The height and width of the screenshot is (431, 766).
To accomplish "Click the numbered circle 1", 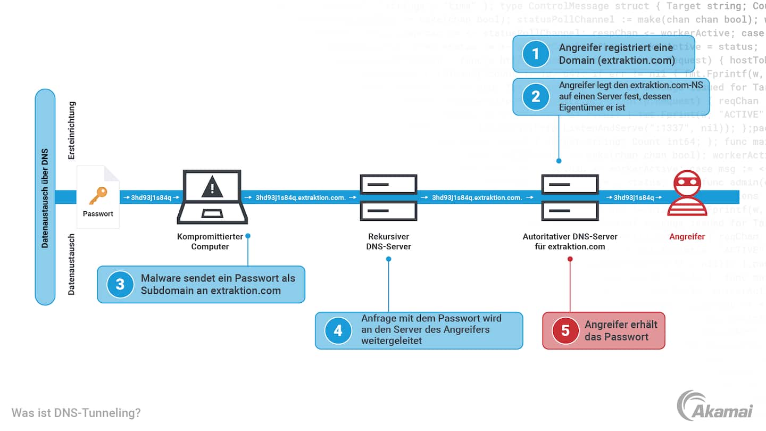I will [x=536, y=54].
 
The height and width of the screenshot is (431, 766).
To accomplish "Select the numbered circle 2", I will [x=536, y=96].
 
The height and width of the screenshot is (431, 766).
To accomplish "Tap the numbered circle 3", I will [x=120, y=284].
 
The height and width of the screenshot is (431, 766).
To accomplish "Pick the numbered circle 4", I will [x=338, y=330].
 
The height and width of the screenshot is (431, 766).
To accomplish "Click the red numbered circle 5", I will [x=565, y=330].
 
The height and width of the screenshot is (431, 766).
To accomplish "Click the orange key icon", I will [x=98, y=195].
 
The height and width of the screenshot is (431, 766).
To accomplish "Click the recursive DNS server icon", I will [x=388, y=197].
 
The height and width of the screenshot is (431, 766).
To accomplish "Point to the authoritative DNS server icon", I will [x=570, y=197].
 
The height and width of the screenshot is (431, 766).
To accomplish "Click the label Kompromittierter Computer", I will [x=210, y=241].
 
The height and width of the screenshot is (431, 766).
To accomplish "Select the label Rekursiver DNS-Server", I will [x=388, y=241].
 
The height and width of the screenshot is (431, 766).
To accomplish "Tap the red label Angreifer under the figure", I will [x=687, y=236].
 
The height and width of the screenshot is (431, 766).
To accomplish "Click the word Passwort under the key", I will [x=98, y=214].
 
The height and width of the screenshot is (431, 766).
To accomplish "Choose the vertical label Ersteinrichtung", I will [x=72, y=130].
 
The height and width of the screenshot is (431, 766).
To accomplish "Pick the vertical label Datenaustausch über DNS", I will [x=45, y=197].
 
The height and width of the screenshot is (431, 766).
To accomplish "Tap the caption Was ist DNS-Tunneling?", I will [x=76, y=412].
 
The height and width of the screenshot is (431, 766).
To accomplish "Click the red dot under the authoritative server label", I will [x=570, y=259].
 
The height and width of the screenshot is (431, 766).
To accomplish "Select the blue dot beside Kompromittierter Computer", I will [x=248, y=235].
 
